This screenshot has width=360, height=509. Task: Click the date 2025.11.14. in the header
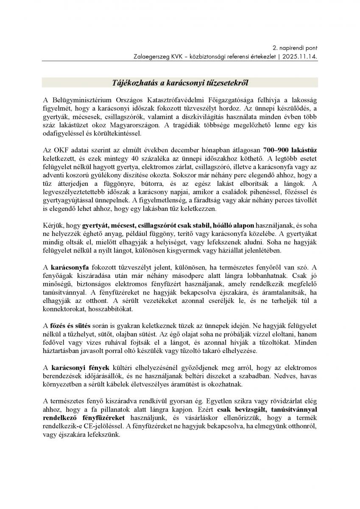(301, 56)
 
